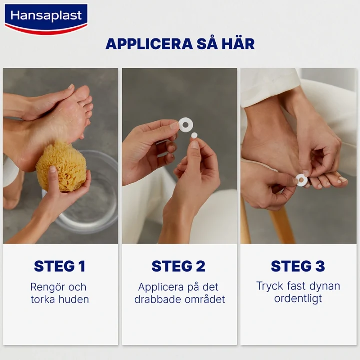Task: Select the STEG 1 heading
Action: coord(60,266)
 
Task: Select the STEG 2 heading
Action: coord(179,266)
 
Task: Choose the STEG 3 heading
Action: coord(298,266)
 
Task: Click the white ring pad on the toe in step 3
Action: coord(301,180)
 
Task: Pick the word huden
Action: coord(73,300)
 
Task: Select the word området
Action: coord(203,300)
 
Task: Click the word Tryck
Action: coord(270,286)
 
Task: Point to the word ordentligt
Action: coord(298,299)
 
